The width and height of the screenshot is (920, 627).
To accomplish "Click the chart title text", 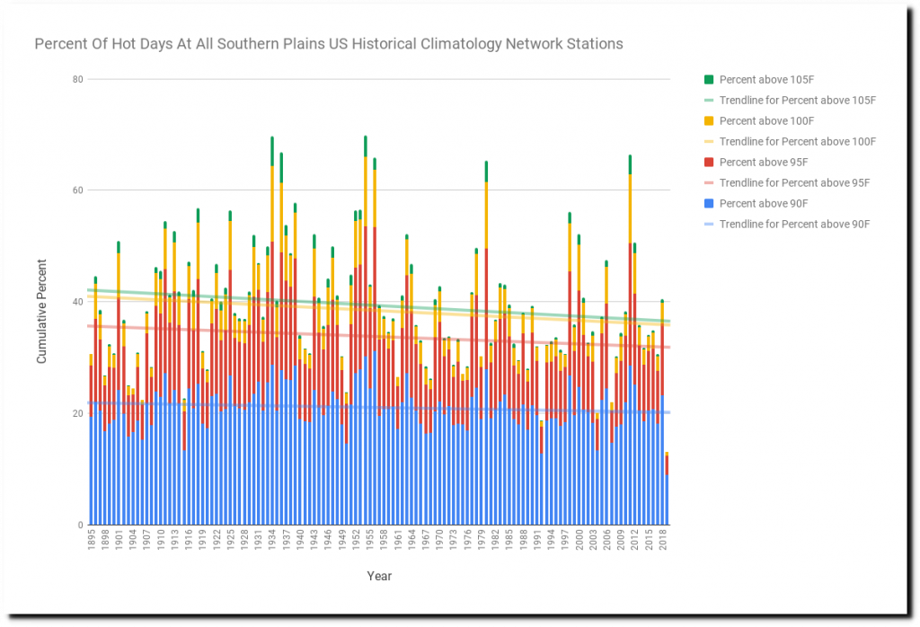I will (328, 44).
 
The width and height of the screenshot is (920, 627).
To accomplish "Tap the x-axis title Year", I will (378, 576).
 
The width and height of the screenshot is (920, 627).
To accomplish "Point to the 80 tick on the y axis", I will (77, 79).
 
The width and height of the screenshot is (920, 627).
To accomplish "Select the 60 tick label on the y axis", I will (77, 190).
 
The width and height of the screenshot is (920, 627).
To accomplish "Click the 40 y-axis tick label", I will (77, 302).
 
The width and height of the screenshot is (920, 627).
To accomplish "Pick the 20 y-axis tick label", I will (77, 413).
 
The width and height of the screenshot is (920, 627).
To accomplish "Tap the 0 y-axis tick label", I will (80, 525).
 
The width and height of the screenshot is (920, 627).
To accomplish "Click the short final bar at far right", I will (666, 492).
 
